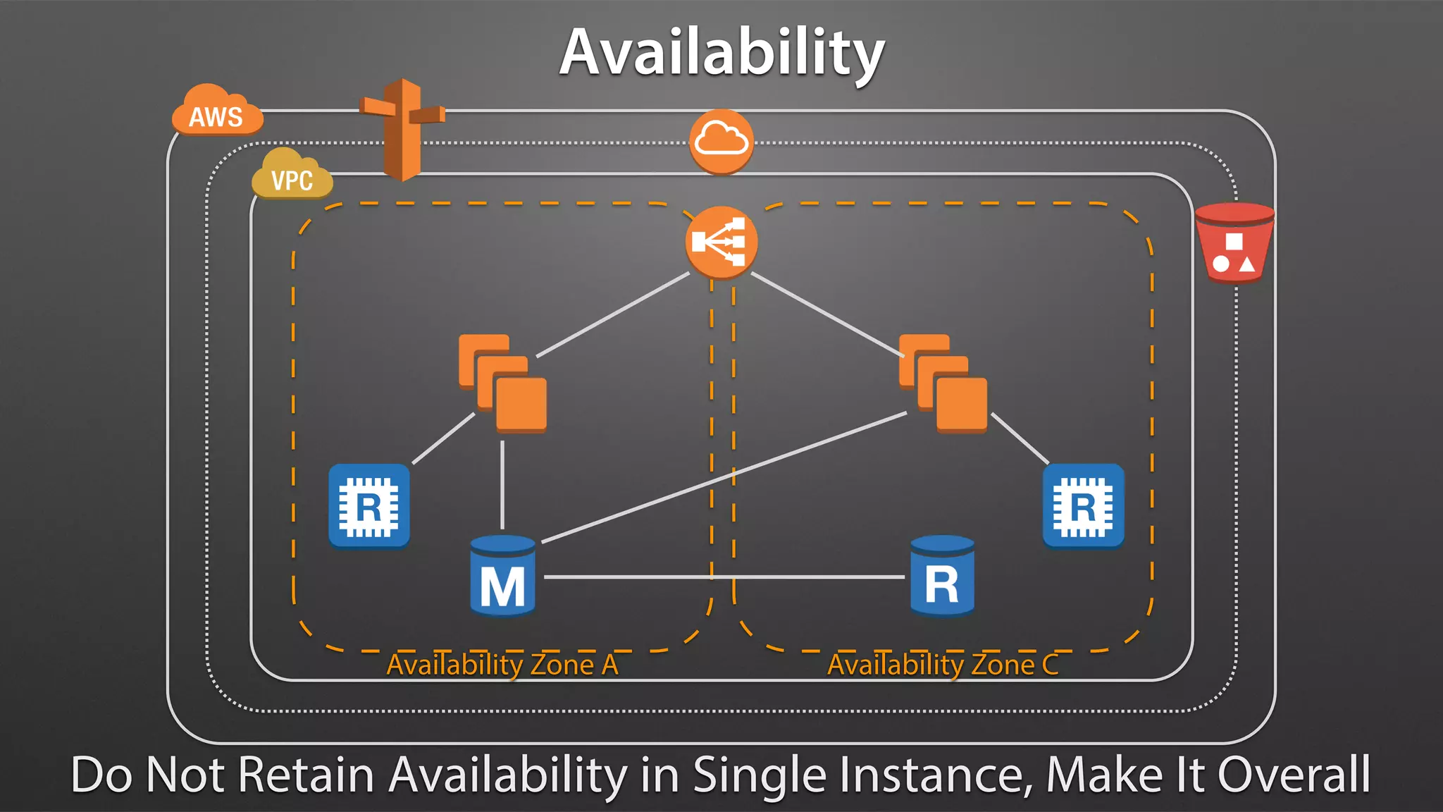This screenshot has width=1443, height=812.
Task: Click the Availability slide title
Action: click(721, 53)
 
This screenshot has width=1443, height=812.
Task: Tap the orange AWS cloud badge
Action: click(216, 113)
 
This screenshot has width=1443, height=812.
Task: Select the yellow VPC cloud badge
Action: click(292, 176)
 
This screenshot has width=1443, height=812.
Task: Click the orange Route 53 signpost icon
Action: click(402, 130)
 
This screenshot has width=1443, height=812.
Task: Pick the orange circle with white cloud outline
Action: click(721, 141)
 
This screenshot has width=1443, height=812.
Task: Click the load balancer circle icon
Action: click(721, 242)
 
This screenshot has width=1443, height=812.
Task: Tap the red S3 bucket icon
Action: click(1234, 243)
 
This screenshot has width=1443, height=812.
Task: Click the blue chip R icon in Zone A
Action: click(369, 505)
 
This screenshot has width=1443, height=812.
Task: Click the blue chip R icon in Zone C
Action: click(1083, 505)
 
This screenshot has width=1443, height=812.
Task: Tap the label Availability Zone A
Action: click(502, 665)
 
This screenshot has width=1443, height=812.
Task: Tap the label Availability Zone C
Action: click(942, 665)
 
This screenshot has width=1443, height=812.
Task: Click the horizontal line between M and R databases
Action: click(810, 577)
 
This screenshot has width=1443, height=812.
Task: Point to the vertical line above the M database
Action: click(502, 486)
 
